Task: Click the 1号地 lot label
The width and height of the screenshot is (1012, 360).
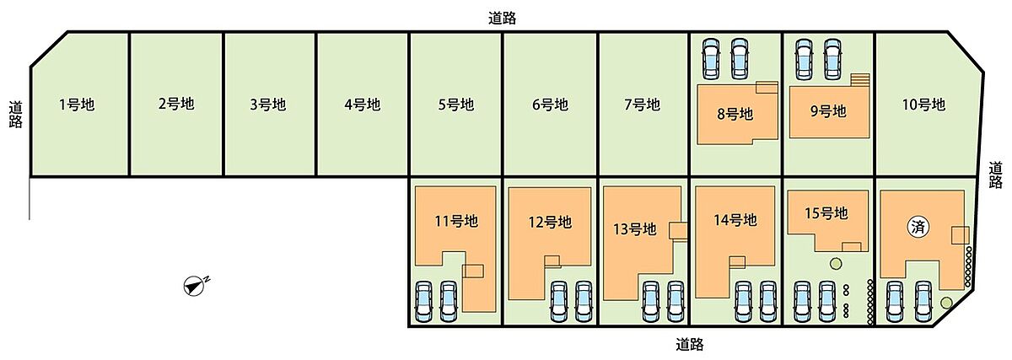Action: pyautogui.click(x=77, y=105)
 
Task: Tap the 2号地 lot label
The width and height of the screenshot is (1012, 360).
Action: pyautogui.click(x=175, y=105)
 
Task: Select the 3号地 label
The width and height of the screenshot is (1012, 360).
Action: pyautogui.click(x=267, y=105)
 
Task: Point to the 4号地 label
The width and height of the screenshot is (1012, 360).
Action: pyautogui.click(x=362, y=105)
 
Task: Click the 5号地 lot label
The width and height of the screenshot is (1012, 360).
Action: pyautogui.click(x=455, y=105)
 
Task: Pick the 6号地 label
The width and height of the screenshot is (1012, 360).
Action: pyautogui.click(x=550, y=105)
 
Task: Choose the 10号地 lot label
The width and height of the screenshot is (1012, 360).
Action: pyautogui.click(x=923, y=105)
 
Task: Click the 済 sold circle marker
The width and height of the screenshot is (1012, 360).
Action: pyautogui.click(x=918, y=226)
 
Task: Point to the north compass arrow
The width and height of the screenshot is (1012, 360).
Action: pyautogui.click(x=195, y=286)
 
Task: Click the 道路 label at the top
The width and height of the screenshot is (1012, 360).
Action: pyautogui.click(x=503, y=18)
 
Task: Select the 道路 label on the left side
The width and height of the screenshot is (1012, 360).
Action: pyautogui.click(x=15, y=114)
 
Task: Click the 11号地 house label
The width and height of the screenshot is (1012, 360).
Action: pyautogui.click(x=455, y=222)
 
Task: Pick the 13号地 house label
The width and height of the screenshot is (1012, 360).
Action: pyautogui.click(x=634, y=228)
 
